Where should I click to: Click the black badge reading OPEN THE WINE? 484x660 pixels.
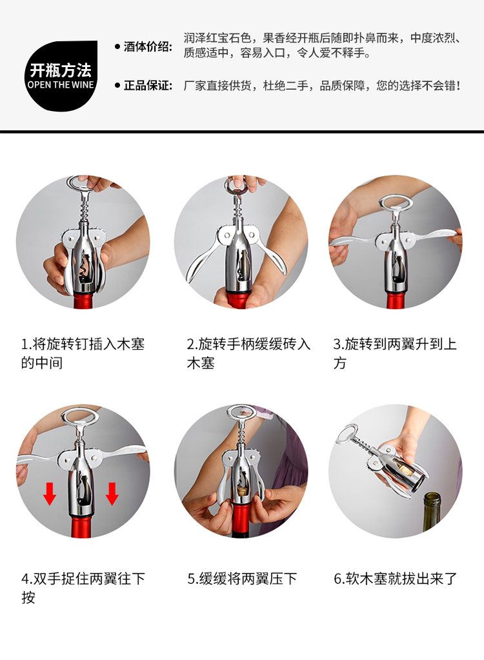click(x=61, y=75)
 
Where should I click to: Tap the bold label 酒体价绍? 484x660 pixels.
click(x=148, y=46)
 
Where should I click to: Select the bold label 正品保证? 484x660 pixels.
click(x=148, y=86)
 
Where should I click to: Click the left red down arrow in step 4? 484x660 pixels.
click(x=50, y=494)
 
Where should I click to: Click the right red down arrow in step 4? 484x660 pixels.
click(x=112, y=494)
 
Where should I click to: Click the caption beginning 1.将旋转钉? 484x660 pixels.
click(x=83, y=354)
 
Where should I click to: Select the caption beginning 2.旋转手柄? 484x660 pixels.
click(x=248, y=354)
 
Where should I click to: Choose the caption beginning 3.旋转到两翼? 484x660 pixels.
click(x=395, y=354)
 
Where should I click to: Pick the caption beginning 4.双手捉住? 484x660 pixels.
click(x=83, y=588)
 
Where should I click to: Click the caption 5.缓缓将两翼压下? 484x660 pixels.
click(x=242, y=579)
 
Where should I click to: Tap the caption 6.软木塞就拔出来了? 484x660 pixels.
click(x=395, y=579)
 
